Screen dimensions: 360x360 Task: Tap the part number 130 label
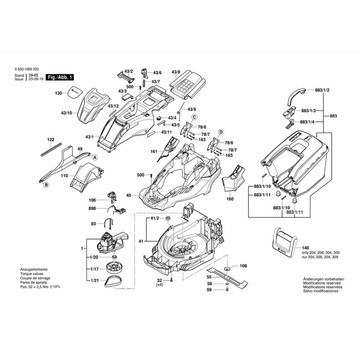pos(59,93)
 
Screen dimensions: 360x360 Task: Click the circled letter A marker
pos(95,157)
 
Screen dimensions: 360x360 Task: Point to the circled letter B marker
pos(46,185)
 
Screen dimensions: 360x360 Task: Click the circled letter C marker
pos(194,117)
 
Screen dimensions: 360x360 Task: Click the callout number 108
pos(243,266)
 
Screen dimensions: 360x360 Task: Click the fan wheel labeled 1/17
pos(115,268)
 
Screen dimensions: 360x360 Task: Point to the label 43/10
pos(66,113)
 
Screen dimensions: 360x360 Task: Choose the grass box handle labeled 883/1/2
pos(296,95)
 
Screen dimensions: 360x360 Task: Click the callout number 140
pos(306,248)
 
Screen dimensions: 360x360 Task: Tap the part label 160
pos(230,199)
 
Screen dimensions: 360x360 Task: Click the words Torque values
pos(32,274)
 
